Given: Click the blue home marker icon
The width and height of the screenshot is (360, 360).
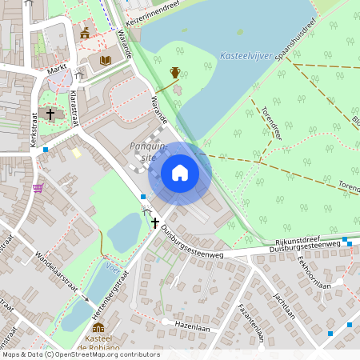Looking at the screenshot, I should (180, 173).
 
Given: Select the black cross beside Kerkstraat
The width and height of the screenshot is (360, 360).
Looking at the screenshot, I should (50, 114).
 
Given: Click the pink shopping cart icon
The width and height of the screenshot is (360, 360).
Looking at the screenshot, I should (38, 188).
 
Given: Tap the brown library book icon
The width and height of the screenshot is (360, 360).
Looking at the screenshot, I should (105, 60).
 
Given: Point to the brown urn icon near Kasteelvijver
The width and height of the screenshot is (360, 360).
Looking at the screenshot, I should (174, 73).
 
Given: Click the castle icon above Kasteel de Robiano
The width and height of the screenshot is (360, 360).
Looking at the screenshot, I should (98, 327).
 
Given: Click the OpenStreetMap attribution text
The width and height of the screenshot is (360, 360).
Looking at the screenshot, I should (80, 354).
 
